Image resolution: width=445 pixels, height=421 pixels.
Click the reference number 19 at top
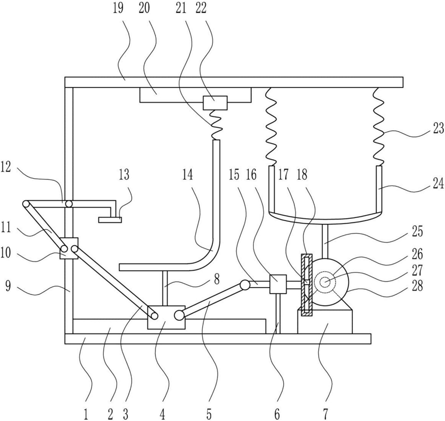[x=118, y=8]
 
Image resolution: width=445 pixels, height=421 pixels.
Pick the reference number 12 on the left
[x=6, y=167]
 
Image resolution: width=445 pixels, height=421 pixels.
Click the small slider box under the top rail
[x=215, y=103]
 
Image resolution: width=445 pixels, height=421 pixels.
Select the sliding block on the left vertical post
[x=69, y=248]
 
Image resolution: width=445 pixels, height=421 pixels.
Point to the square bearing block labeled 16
[x=278, y=284]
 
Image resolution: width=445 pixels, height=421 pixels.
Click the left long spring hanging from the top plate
[x=271, y=127]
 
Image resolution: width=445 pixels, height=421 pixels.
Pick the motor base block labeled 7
[x=325, y=321]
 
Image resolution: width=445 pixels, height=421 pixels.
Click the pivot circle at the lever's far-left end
[x=26, y=204]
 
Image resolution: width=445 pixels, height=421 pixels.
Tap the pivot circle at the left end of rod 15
[x=245, y=285]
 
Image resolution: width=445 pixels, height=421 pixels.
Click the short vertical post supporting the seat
[x=165, y=288]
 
